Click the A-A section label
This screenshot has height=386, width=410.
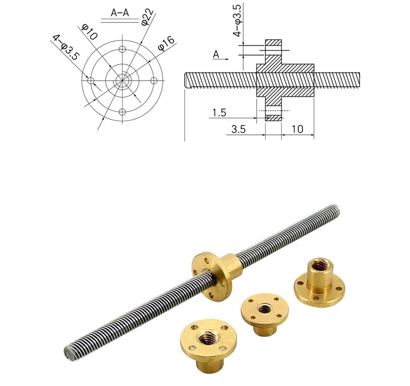(x=120, y=13)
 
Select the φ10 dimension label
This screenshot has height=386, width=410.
(x=89, y=32)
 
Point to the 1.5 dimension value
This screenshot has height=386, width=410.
(x=219, y=112)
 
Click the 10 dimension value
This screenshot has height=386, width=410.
(x=297, y=129)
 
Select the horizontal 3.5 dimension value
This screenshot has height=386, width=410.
(x=238, y=129)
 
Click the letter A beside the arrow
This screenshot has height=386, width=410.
(x=216, y=54)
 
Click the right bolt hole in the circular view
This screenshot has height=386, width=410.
(x=154, y=81)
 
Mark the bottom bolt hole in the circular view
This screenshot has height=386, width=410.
(x=122, y=112)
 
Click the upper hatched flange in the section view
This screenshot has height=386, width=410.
(x=273, y=51)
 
